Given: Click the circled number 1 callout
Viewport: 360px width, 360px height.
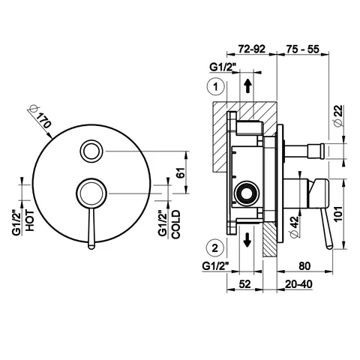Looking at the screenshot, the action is coord(215,87).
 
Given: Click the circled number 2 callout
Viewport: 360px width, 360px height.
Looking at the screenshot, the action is coord(215,248).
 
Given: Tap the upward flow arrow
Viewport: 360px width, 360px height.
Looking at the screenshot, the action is coord(247,86).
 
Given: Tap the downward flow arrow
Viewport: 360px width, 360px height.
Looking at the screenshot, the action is coord(247,240).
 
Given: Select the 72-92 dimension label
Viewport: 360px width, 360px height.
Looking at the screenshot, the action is coord(251,49).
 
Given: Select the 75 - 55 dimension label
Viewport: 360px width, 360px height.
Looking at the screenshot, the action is coord(303,49).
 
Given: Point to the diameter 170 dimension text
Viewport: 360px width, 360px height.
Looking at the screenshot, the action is coord(40,116).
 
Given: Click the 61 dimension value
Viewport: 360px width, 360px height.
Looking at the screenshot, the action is coord(181,172).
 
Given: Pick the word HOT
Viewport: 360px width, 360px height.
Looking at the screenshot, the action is coord(29,220).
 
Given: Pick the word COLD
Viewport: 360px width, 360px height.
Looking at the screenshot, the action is coord(175,224).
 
